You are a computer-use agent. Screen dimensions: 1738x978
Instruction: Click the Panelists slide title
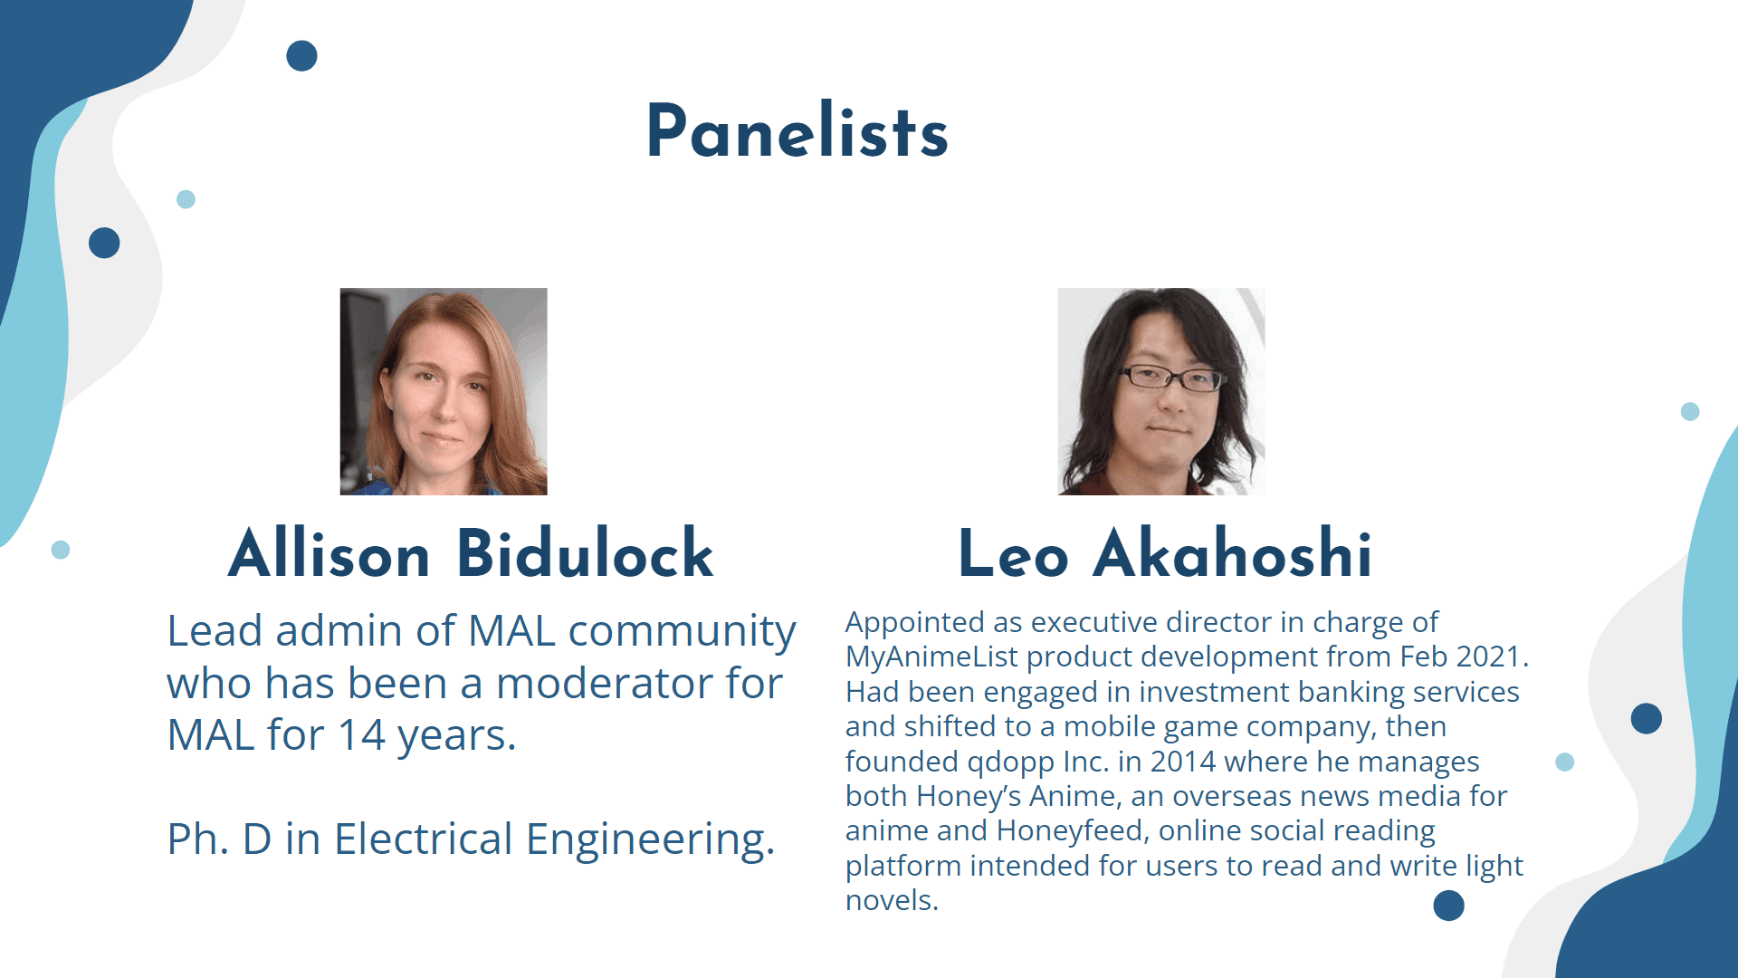point(797,131)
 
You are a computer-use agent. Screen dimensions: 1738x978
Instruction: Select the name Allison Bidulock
point(471,553)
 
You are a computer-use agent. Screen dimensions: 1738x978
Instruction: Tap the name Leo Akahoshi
point(1165,553)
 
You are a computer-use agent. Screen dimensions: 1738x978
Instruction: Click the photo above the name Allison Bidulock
point(444,391)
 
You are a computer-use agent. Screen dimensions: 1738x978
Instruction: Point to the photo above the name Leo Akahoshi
point(1161,391)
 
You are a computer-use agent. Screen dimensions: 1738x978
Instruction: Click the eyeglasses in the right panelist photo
point(1172,378)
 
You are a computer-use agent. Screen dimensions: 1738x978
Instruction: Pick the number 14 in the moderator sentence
point(361,735)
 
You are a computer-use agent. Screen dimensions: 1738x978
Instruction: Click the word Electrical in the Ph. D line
point(424,839)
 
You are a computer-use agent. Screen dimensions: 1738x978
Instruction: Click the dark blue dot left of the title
point(301,56)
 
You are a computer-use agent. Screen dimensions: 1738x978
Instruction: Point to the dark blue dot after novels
point(1448,906)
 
